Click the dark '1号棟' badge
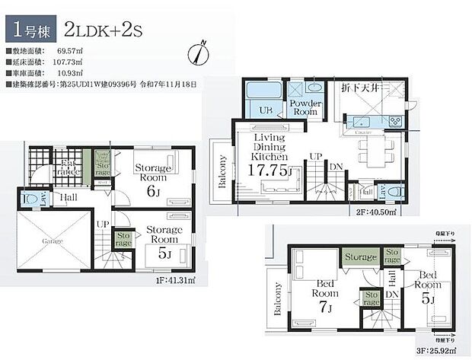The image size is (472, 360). coord(30,30)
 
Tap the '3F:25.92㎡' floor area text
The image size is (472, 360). coord(439,352)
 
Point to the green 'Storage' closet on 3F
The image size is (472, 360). coord(362,258)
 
